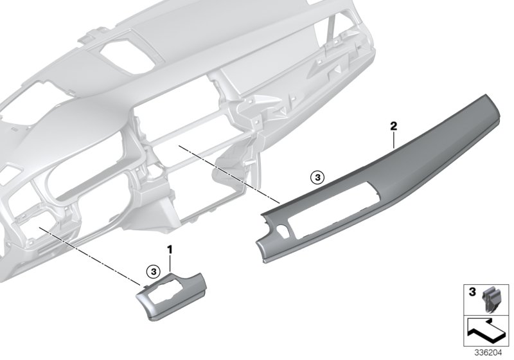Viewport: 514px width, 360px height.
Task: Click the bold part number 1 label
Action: tap(170, 248)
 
